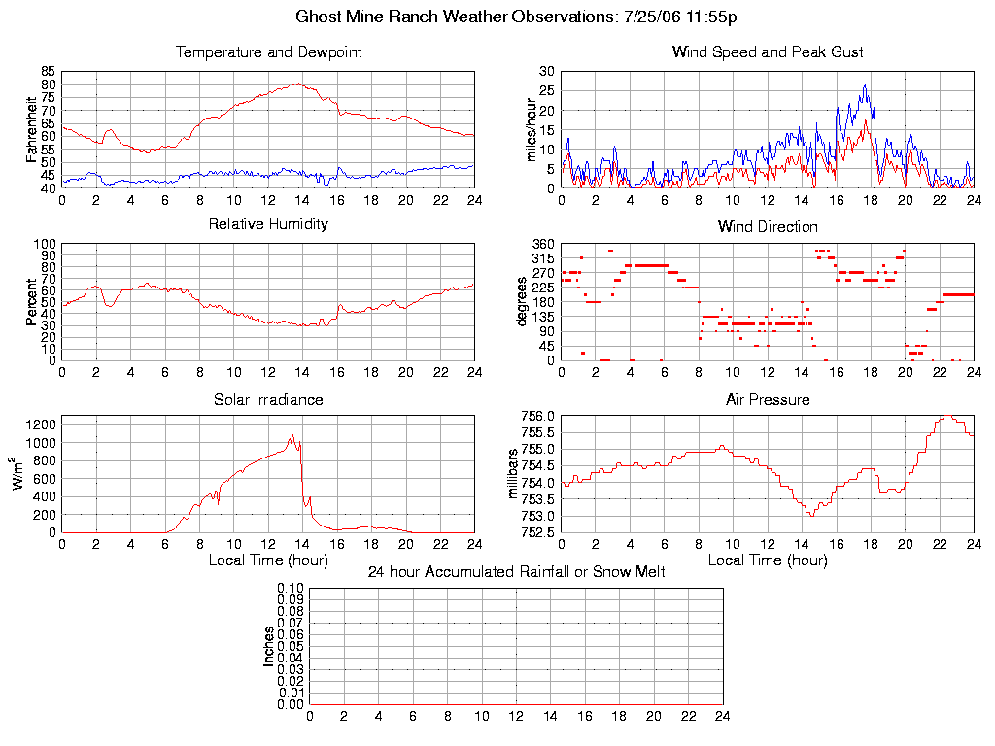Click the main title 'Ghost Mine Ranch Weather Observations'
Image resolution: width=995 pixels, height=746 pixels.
click(456, 17)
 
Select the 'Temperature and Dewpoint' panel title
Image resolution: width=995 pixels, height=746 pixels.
click(268, 52)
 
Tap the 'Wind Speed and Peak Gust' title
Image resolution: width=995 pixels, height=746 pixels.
click(768, 52)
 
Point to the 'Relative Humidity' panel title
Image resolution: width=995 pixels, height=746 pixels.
click(268, 224)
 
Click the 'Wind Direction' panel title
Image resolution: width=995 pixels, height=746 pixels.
click(768, 227)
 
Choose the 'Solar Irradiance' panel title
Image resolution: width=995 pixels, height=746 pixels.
click(268, 399)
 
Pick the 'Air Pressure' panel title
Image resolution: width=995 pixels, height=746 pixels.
click(768, 399)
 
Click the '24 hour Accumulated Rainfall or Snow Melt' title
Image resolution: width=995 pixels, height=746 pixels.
click(516, 572)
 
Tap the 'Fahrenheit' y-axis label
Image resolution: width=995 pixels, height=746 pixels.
click(32, 130)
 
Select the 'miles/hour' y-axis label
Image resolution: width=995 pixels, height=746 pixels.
click(532, 130)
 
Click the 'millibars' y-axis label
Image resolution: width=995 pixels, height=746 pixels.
click(516, 474)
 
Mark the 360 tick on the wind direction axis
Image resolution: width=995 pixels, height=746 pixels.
click(544, 244)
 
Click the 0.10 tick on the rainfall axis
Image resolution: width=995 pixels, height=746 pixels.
click(291, 589)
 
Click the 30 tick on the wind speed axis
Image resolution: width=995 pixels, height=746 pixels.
click(547, 72)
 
